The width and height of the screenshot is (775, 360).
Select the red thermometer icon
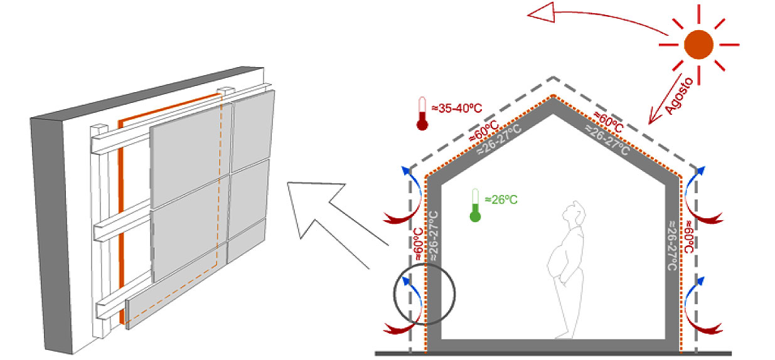click(x=422, y=114)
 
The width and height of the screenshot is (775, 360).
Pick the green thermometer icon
click(x=475, y=207)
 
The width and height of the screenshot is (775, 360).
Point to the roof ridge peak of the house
click(x=553, y=95)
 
